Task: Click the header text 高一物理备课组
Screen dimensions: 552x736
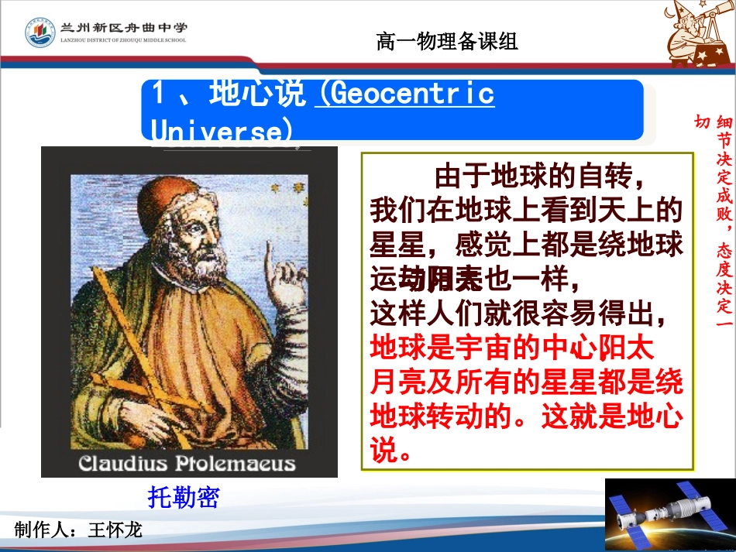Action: [x=446, y=42]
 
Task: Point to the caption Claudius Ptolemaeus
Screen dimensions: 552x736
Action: [x=187, y=464]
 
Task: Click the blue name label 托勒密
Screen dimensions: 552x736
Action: [x=184, y=497]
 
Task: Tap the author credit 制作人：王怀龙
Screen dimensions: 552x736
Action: [x=78, y=530]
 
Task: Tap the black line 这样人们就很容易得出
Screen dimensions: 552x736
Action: [x=519, y=314]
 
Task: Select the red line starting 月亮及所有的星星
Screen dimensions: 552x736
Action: [x=527, y=382]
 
